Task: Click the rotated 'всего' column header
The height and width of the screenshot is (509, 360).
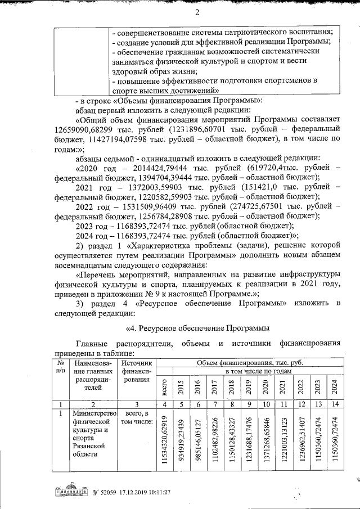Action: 164,387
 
